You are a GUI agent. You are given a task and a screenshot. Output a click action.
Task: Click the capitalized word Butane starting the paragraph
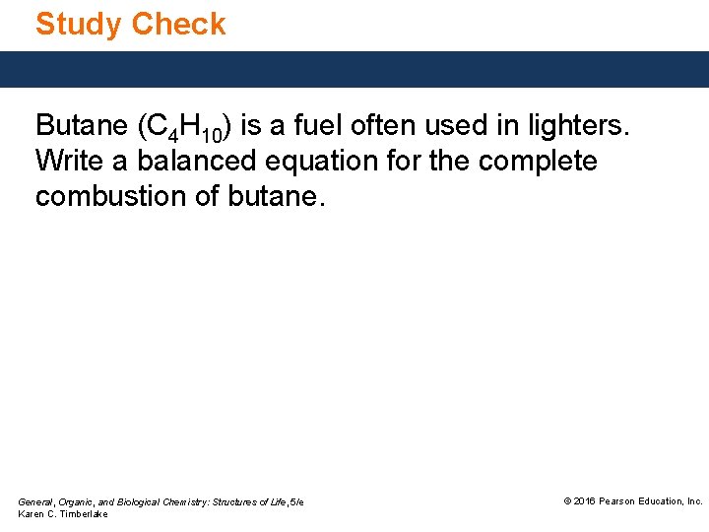point(82,126)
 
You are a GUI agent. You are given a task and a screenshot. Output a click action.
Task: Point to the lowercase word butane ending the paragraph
point(276,196)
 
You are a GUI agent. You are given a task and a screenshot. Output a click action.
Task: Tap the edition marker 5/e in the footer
point(296,502)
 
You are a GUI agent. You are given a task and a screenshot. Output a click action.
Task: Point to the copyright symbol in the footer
point(567,501)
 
